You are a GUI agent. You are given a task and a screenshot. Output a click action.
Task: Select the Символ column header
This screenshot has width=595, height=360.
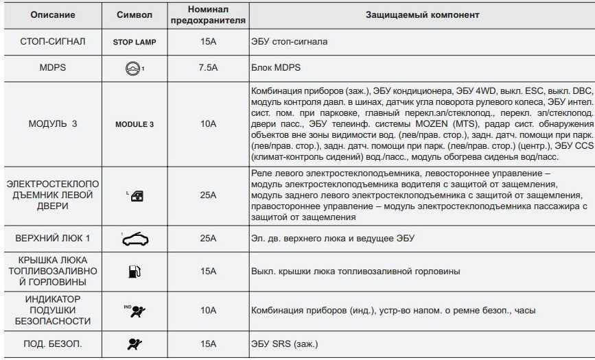[135, 14]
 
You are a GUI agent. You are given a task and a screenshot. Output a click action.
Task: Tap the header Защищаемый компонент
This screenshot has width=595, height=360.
[421, 14]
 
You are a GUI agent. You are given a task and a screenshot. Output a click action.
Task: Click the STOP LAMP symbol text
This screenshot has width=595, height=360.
[135, 42]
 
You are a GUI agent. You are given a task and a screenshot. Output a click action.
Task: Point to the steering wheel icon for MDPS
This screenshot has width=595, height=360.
[134, 68]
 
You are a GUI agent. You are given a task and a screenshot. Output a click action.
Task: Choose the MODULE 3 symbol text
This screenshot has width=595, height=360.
[135, 124]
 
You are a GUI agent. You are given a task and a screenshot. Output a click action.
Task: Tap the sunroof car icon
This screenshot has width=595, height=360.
[135, 239]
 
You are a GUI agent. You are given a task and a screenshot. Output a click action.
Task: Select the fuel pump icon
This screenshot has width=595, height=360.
[134, 272]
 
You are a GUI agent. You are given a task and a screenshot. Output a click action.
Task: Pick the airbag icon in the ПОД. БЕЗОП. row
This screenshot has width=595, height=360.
[135, 343]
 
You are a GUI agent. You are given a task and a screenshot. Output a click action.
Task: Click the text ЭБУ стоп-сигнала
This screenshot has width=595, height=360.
[290, 42]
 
